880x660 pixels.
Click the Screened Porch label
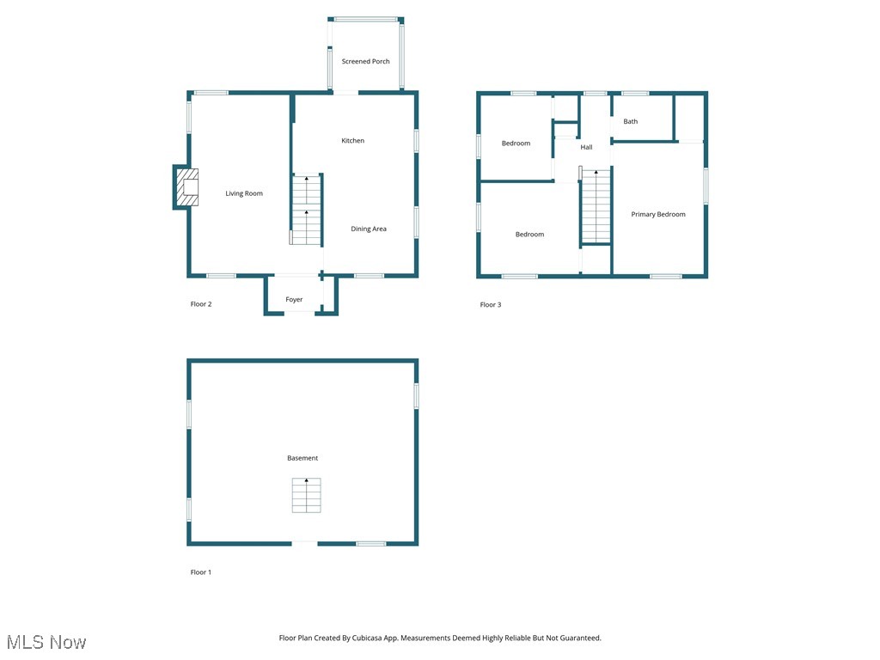point(365,62)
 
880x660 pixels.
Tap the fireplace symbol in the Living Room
point(187,187)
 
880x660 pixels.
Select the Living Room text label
point(244,194)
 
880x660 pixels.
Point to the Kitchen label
point(352,141)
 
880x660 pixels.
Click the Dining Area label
point(368,229)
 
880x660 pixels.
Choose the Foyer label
point(294,300)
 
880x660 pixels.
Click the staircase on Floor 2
point(306,210)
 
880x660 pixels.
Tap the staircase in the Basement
point(306,496)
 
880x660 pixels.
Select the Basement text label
point(302,459)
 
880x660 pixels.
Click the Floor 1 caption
point(200,572)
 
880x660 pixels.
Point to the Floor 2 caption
point(200,304)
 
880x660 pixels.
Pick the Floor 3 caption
point(490,305)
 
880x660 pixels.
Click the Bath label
point(630,122)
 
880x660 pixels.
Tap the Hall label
point(586,148)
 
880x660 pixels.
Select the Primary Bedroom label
point(658,215)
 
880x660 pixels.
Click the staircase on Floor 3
point(596,206)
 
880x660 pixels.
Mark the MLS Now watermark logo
point(46,642)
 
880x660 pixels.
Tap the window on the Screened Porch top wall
point(365,19)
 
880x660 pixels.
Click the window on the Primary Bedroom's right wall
point(706,186)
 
